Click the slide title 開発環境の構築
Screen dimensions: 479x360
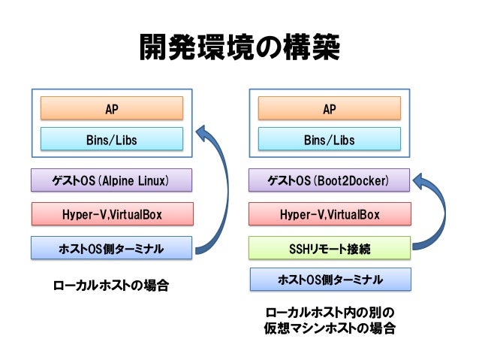239,47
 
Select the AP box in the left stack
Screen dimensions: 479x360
112,108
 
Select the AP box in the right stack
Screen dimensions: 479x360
330,108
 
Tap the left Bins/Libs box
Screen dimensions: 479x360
112,139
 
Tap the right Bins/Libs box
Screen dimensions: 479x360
330,139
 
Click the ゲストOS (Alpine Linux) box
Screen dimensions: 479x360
112,180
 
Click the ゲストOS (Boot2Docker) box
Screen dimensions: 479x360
329,180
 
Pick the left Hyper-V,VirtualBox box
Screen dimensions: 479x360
113,213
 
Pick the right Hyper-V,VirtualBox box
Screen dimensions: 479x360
330,213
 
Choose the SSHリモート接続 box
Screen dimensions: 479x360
330,248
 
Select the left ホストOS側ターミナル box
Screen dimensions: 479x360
112,248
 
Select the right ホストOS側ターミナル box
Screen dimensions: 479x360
330,280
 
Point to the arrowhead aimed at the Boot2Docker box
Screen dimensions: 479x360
420,180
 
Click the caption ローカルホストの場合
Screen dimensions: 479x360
111,286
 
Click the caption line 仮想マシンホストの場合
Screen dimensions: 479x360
330,328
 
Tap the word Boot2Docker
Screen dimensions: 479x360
353,181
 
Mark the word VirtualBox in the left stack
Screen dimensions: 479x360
136,214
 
